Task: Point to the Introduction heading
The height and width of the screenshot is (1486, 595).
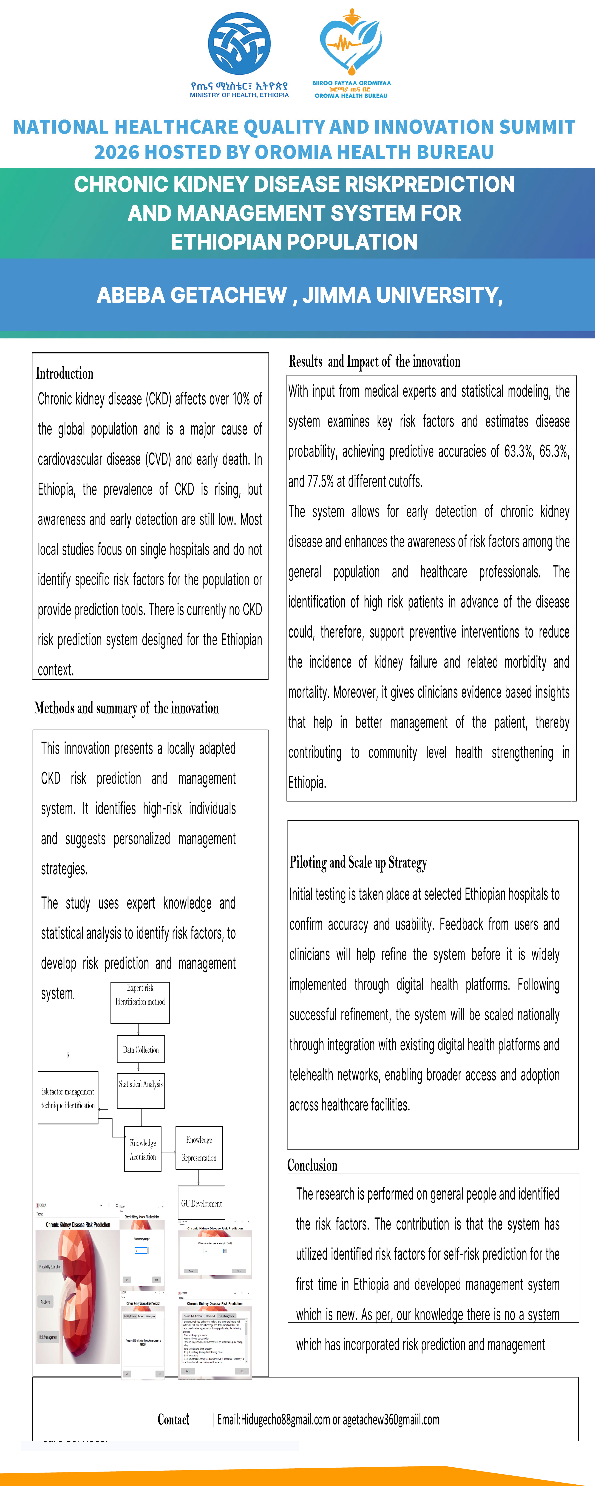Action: pos(65,373)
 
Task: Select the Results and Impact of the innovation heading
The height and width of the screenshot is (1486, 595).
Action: pos(374,362)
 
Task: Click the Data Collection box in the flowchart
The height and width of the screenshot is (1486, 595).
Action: pos(141,1049)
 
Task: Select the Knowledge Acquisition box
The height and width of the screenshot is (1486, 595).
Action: pos(143,1149)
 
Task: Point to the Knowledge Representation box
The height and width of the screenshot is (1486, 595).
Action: pos(199,1148)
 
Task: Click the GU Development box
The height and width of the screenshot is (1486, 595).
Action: pos(201,1203)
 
